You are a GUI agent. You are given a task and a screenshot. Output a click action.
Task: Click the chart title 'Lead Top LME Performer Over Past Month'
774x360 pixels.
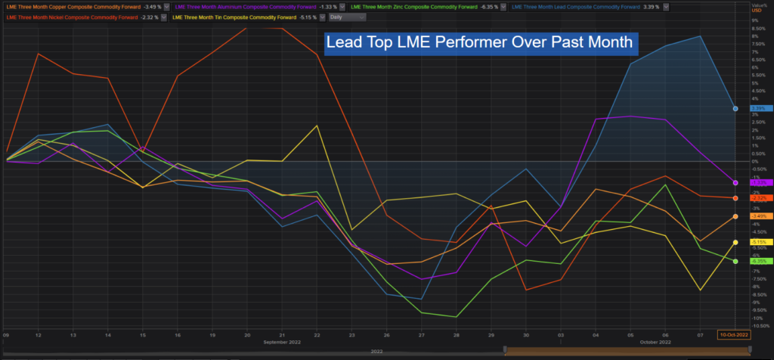tap(481, 43)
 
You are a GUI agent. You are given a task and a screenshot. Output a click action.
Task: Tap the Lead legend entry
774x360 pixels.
tap(585, 7)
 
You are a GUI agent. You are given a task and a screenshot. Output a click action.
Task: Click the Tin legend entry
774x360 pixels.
tap(246, 17)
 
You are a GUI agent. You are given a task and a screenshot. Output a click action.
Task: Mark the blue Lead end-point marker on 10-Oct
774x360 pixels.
tap(735, 108)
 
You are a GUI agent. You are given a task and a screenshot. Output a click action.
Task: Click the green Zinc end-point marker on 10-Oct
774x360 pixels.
tap(735, 261)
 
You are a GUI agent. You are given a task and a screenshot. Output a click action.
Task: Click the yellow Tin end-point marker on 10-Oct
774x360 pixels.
tap(735, 242)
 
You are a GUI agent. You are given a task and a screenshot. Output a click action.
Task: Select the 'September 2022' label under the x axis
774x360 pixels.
tap(282, 343)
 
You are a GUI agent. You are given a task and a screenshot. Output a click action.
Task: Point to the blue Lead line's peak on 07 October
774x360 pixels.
tap(701, 36)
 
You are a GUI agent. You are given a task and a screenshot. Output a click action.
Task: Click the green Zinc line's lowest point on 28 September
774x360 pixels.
tap(456, 317)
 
